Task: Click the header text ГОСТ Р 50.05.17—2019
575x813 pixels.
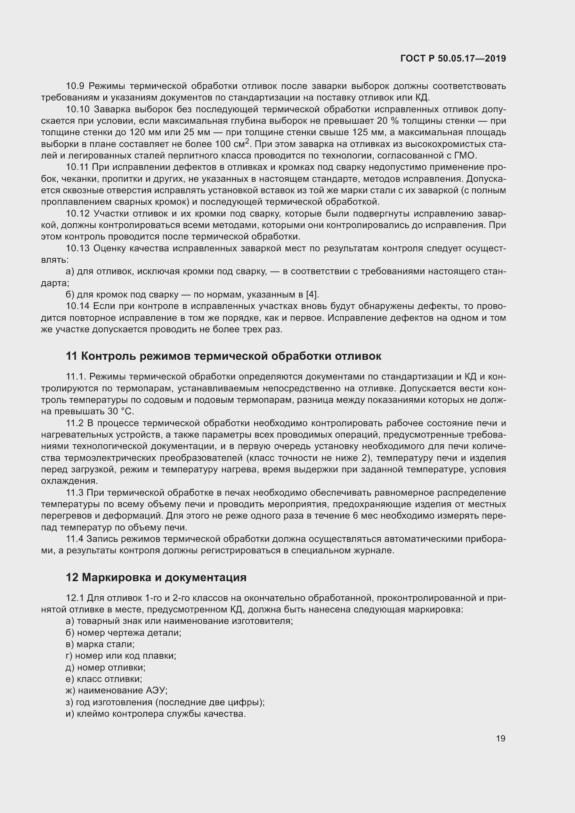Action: coord(453,59)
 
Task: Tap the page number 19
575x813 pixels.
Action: coord(500,738)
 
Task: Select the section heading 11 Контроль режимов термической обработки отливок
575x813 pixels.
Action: coord(224,356)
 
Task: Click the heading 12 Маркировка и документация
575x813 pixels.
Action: coord(156,577)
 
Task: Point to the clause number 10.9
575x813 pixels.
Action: coord(75,86)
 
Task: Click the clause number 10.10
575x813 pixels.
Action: coord(78,109)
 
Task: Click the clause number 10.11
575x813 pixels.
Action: coord(78,167)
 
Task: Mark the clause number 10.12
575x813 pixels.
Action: coord(78,213)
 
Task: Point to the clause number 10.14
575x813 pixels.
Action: coord(78,306)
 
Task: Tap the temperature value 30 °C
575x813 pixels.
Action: coord(120,412)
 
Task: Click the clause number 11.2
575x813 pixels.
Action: coord(75,423)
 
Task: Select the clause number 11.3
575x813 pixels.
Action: coord(75,493)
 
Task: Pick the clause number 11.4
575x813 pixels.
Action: coord(75,539)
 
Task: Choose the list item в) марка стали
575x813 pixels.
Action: coord(100,644)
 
